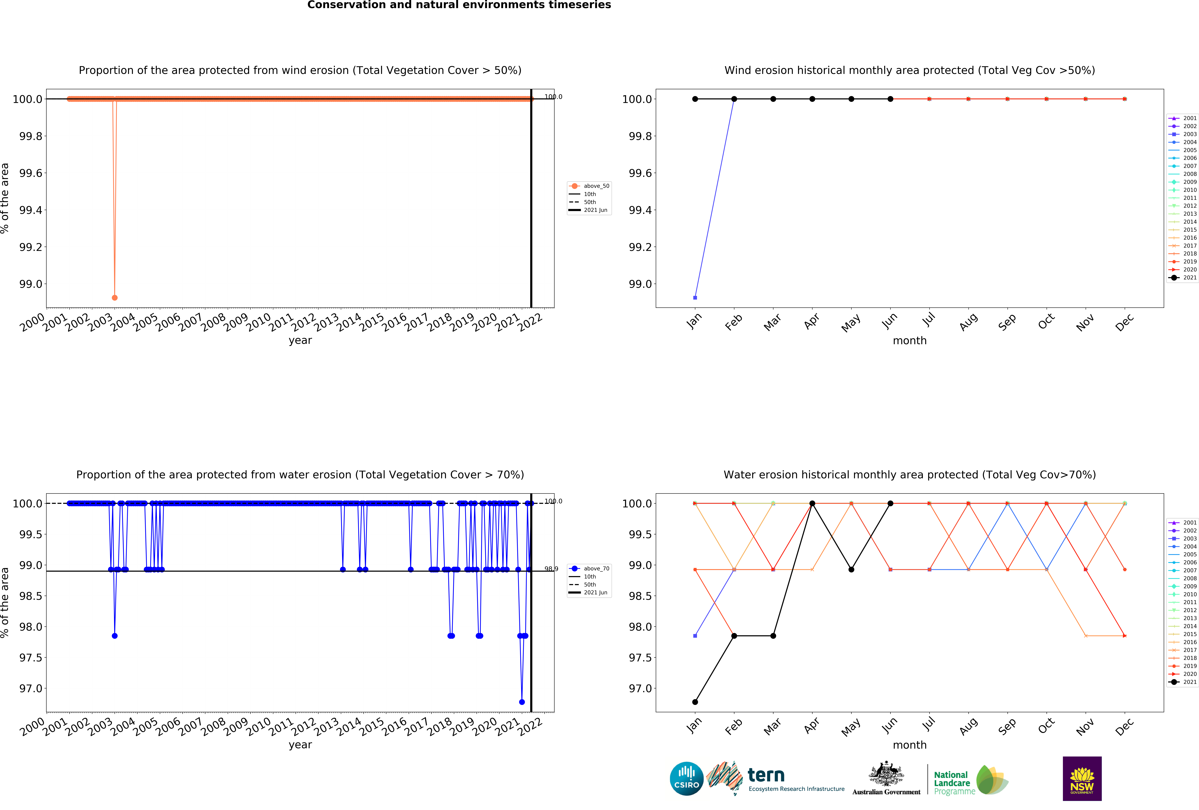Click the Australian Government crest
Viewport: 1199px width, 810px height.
886,773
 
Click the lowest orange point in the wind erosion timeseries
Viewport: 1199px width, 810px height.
115,298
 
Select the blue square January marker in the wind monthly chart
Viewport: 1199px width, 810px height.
695,298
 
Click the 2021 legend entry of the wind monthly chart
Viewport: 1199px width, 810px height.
1189,277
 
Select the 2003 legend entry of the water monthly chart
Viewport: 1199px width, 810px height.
1189,538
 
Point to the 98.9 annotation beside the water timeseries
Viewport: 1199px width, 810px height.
551,569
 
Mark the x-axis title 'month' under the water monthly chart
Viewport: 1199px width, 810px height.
910,745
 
